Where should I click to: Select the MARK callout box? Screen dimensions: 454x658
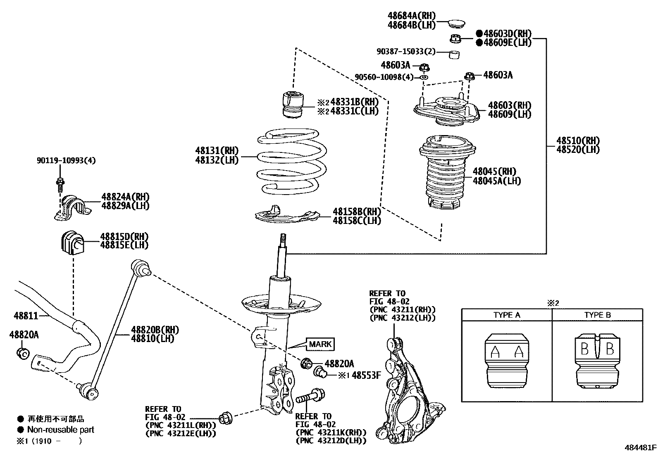click(x=320, y=344)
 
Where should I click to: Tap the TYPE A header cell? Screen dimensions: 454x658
click(x=507, y=315)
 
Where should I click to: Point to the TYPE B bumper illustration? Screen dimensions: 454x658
click(x=597, y=360)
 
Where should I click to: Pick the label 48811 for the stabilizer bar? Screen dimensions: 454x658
click(x=26, y=316)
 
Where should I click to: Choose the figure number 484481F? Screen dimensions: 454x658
click(x=640, y=447)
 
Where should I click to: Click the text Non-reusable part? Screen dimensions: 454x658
click(x=61, y=430)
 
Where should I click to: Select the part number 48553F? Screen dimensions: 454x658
click(x=366, y=375)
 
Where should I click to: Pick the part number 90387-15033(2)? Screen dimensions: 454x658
click(x=406, y=52)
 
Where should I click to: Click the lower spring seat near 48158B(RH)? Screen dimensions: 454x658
click(x=287, y=215)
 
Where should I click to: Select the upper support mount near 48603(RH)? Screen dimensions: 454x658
click(x=446, y=109)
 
